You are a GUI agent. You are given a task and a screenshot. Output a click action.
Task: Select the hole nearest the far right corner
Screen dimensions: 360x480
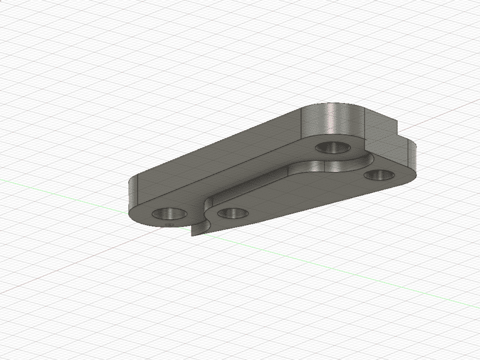[x=380, y=175]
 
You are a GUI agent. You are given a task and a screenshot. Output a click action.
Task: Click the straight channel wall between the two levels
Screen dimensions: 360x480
[x=258, y=184]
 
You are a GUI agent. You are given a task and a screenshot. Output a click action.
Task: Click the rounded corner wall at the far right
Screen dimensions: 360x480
[x=413, y=157]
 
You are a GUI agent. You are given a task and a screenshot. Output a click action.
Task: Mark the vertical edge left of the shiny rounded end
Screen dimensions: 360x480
[x=299, y=123]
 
